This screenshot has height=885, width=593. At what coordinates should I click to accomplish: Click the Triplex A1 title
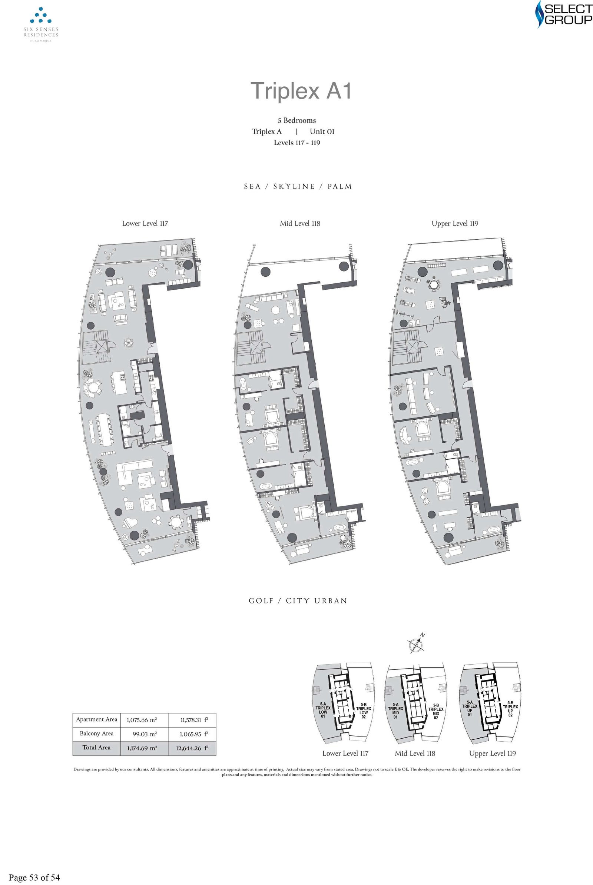pyautogui.click(x=301, y=91)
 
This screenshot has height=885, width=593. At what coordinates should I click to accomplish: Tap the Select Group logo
pyautogui.click(x=563, y=15)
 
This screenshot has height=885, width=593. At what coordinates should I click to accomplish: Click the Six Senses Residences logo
pyautogui.click(x=41, y=24)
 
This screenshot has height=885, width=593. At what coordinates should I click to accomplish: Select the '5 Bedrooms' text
pyautogui.click(x=296, y=121)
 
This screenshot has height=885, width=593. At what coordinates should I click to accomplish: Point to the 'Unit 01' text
pyautogui.click(x=322, y=132)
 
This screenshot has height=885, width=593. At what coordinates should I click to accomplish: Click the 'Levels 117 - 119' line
pyautogui.click(x=296, y=143)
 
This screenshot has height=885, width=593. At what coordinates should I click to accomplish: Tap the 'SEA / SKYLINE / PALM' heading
pyautogui.click(x=298, y=186)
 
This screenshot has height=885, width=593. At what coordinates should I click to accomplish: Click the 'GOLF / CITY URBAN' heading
pyautogui.click(x=298, y=601)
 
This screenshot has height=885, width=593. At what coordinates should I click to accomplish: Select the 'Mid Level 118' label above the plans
pyautogui.click(x=300, y=223)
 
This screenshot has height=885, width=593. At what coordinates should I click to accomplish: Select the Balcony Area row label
pyautogui.click(x=96, y=733)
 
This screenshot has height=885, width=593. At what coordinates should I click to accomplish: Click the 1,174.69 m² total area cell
pyautogui.click(x=144, y=748)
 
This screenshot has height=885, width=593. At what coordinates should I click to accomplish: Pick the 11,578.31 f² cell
pyautogui.click(x=192, y=720)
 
